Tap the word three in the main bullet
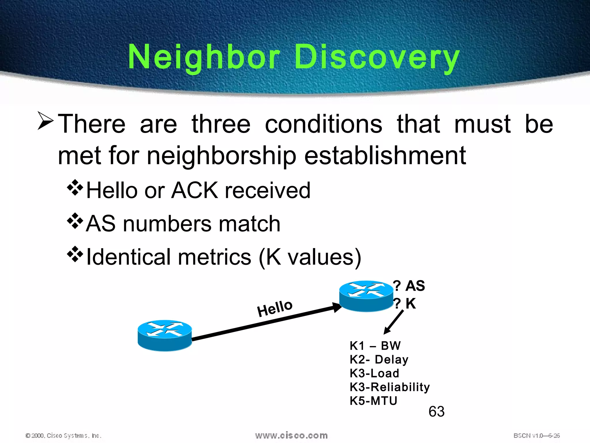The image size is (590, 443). click(221, 124)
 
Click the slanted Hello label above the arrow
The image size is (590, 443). click(275, 308)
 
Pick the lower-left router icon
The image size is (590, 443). click(165, 335)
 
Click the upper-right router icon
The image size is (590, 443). click(366, 296)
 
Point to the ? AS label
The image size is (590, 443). click(409, 286)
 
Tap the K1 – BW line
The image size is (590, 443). click(375, 346)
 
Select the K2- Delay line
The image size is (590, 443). click(379, 359)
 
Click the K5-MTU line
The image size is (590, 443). click(373, 401)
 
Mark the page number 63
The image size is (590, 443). click(436, 412)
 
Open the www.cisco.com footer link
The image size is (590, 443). click(291, 436)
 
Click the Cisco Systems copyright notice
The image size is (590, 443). click(63, 436)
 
